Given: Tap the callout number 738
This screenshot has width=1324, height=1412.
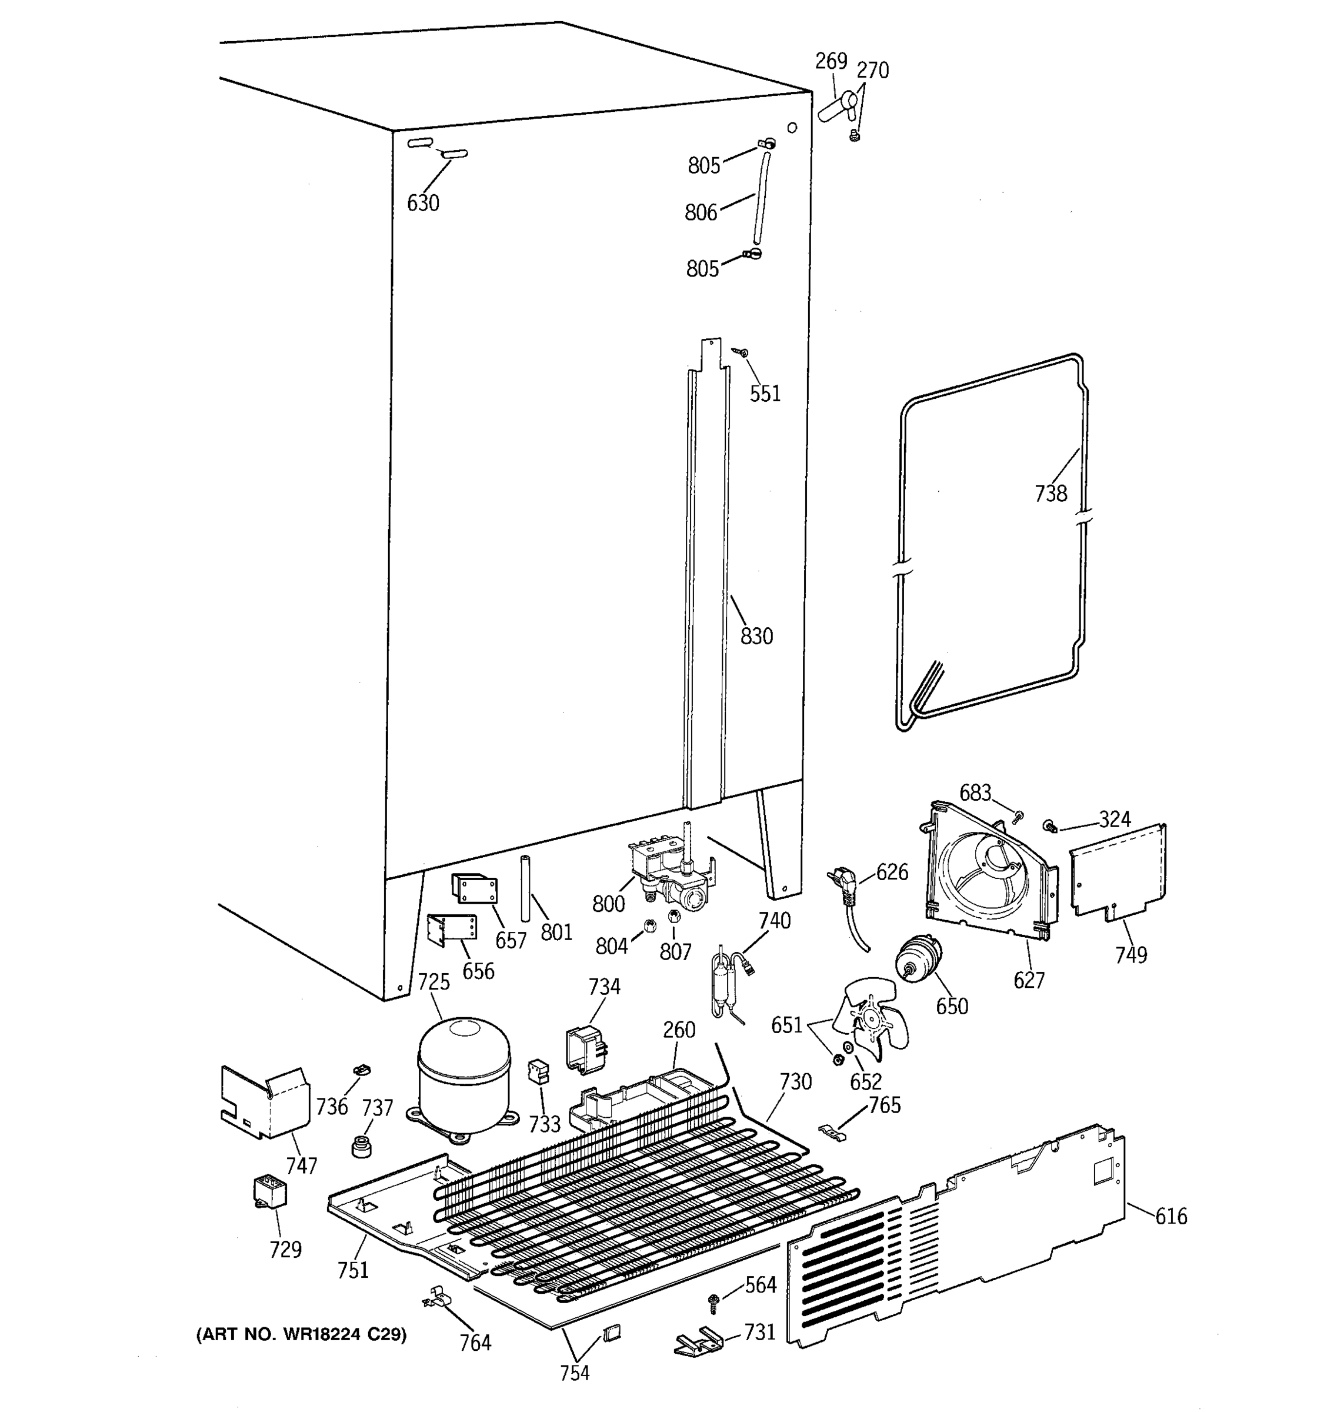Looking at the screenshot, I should (1050, 493).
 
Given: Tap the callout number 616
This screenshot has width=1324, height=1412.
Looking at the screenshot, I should (1170, 1217).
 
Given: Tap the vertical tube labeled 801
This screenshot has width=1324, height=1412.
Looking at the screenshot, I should (526, 888).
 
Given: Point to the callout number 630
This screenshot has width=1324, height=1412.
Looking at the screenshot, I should (423, 203).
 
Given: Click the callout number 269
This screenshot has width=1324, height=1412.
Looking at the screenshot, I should (831, 61).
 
